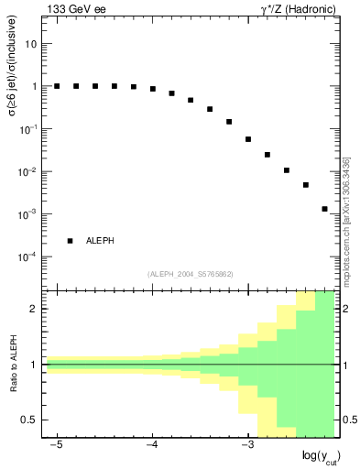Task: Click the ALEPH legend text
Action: pyautogui.click(x=100, y=241)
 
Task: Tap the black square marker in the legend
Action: pyautogui.click(x=70, y=241)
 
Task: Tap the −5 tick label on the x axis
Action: pyautogui.click(x=56, y=445)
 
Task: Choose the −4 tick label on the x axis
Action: pyautogui.click(x=151, y=445)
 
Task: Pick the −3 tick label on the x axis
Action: pyautogui.click(x=246, y=445)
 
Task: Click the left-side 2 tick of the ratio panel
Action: pyautogui.click(x=35, y=309)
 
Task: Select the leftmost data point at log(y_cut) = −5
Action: pyautogui.click(x=57, y=86)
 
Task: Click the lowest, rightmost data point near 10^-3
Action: pyautogui.click(x=324, y=209)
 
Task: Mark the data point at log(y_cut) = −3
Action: pyautogui.click(x=248, y=139)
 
